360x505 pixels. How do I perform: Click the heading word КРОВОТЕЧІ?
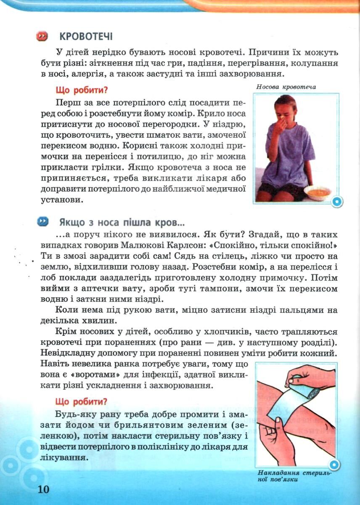86,37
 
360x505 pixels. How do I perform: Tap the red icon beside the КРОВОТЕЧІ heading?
42,37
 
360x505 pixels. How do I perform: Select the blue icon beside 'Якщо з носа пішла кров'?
43,221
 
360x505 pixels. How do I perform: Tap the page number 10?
43,490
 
